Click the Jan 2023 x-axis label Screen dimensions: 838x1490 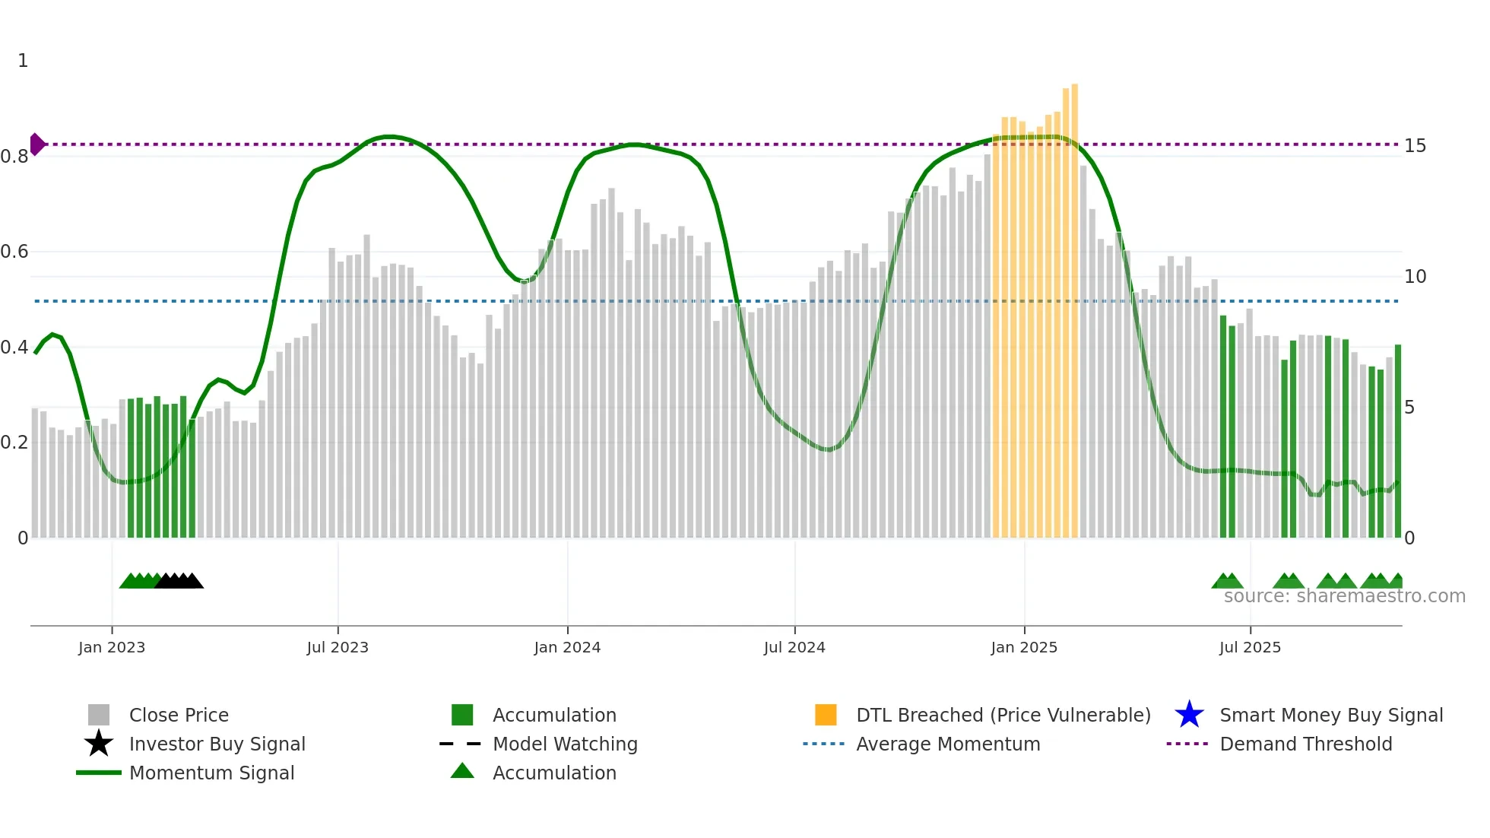tap(111, 647)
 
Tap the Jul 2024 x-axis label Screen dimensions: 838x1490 tap(794, 647)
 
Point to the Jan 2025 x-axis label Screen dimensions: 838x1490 tap(1023, 647)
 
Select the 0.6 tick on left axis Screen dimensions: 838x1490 tap(15, 252)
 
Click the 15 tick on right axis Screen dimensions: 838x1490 tap(1415, 146)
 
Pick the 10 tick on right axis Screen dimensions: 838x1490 tap(1415, 277)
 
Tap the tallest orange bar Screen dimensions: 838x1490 tap(1074, 304)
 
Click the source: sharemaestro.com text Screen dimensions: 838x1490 tap(1344, 596)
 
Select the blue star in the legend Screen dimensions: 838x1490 tap(1189, 715)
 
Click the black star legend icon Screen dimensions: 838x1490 tap(99, 744)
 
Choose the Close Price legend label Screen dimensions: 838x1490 tap(179, 715)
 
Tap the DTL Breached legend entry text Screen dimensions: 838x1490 tap(1003, 715)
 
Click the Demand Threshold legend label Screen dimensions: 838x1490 tap(1305, 744)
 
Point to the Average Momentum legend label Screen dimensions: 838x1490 tap(948, 744)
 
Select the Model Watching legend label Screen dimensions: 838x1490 tap(565, 744)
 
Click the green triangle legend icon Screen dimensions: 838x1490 tap(462, 772)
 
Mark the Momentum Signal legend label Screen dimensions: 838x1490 tap(211, 773)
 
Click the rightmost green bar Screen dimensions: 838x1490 tap(1397, 441)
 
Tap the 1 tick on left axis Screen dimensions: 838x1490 tap(23, 61)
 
